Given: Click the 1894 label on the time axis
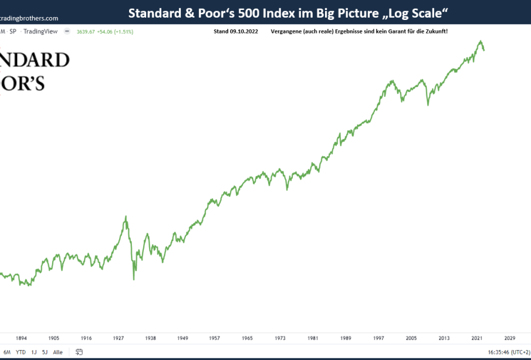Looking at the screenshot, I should tap(21, 338).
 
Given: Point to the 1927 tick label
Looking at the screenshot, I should tap(119, 338).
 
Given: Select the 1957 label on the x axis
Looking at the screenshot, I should tap(215, 338).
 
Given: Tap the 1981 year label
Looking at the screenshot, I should tap(313, 338).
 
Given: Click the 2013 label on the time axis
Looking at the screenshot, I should tap(444, 338).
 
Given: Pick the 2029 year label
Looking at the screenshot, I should tap(509, 338).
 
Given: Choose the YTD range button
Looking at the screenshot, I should tap(21, 352).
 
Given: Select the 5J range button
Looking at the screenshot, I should tap(44, 352).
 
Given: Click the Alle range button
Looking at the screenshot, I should tap(58, 352).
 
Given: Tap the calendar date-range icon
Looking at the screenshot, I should tap(79, 352).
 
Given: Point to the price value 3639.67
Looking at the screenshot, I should tap(86, 31).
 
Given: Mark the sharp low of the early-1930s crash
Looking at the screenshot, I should tap(134, 279).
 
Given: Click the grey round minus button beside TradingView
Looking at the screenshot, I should tap(67, 31).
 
